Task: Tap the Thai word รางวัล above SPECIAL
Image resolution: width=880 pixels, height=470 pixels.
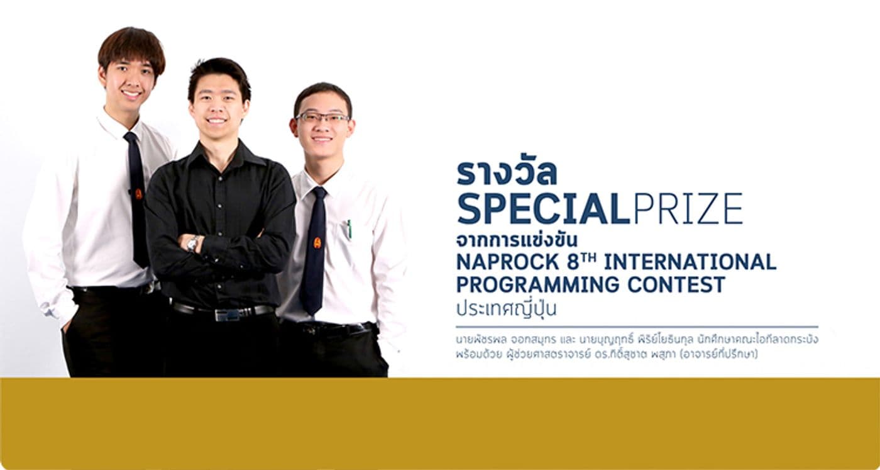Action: (507, 174)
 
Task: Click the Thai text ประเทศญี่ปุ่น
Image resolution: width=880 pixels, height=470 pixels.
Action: (506, 310)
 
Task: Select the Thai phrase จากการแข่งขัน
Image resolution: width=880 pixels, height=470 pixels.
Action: (517, 242)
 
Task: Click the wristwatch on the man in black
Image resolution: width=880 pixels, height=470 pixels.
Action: (192, 243)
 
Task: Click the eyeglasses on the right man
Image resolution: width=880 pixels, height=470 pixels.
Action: (322, 118)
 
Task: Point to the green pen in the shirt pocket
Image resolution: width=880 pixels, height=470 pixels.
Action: (349, 228)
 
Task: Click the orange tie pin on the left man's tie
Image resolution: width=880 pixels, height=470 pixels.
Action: (138, 194)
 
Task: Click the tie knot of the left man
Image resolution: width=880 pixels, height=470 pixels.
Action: (131, 137)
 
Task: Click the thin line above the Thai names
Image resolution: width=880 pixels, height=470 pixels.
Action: (636, 327)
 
